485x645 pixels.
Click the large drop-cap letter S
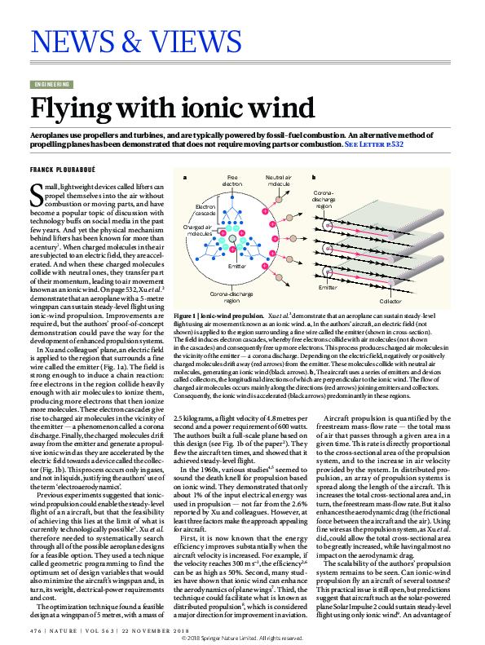tap(35, 195)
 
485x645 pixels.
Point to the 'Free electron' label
tap(232, 180)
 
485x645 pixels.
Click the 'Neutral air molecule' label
tap(280, 180)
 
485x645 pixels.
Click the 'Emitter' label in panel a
tap(237, 266)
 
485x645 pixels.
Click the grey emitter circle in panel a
tap(231, 240)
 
